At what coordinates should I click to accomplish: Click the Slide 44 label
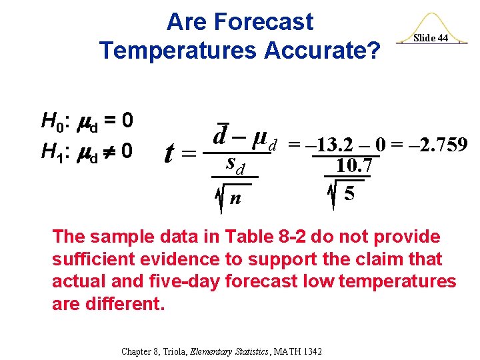(431, 38)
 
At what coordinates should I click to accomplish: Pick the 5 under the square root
(348, 195)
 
